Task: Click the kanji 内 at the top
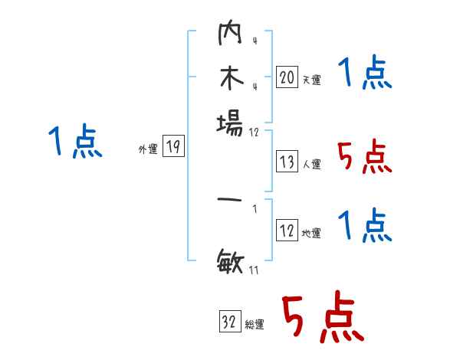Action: (x=230, y=34)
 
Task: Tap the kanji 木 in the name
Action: (x=230, y=78)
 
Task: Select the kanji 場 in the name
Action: (x=230, y=122)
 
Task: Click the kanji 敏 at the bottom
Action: (x=230, y=264)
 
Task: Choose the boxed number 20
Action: (x=287, y=77)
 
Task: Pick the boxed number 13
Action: (x=287, y=162)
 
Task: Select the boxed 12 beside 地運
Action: (x=287, y=231)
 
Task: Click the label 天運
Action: (x=311, y=80)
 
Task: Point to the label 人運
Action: (x=311, y=164)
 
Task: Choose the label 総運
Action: (x=255, y=325)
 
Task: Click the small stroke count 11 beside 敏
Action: (x=254, y=269)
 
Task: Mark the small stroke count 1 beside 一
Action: (x=254, y=208)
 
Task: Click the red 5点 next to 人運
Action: (x=364, y=158)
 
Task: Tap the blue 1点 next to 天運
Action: (x=364, y=74)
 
